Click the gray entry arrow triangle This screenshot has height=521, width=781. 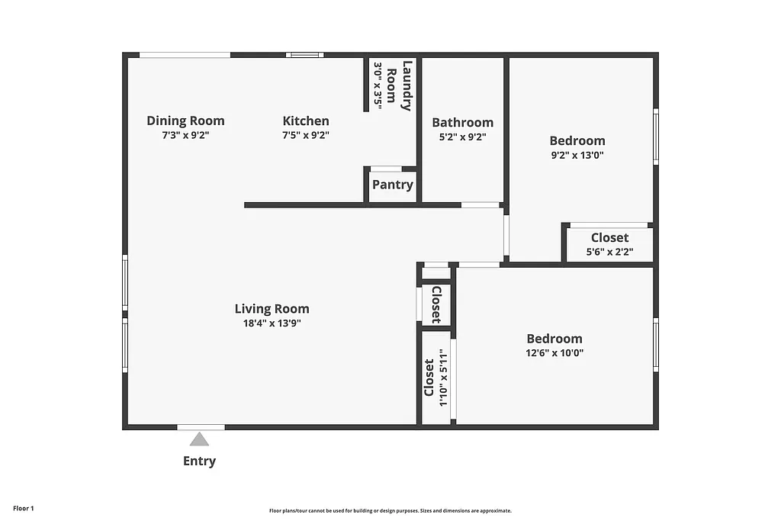[199, 439]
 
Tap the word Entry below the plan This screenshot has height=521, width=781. [199, 461]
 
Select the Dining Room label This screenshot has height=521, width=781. [185, 121]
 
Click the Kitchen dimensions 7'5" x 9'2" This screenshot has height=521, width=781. [306, 135]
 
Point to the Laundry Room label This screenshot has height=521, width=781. [399, 85]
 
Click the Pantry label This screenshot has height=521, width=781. [393, 185]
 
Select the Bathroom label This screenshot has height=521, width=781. [462, 122]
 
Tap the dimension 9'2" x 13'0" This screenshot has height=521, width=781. [577, 155]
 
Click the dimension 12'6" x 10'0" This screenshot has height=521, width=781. [554, 353]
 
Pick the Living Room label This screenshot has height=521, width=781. [272, 309]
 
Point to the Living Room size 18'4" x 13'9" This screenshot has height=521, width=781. [272, 323]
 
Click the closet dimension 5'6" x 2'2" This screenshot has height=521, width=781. [609, 252]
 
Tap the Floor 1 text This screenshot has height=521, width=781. [24, 508]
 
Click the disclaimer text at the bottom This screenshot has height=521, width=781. [390, 511]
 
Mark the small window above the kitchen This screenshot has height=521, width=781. [304, 55]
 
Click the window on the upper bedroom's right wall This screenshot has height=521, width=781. [655, 136]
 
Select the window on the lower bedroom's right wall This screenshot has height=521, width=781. [655, 345]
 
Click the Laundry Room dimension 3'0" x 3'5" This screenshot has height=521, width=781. [377, 85]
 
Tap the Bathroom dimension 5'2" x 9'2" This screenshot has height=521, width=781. [462, 137]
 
